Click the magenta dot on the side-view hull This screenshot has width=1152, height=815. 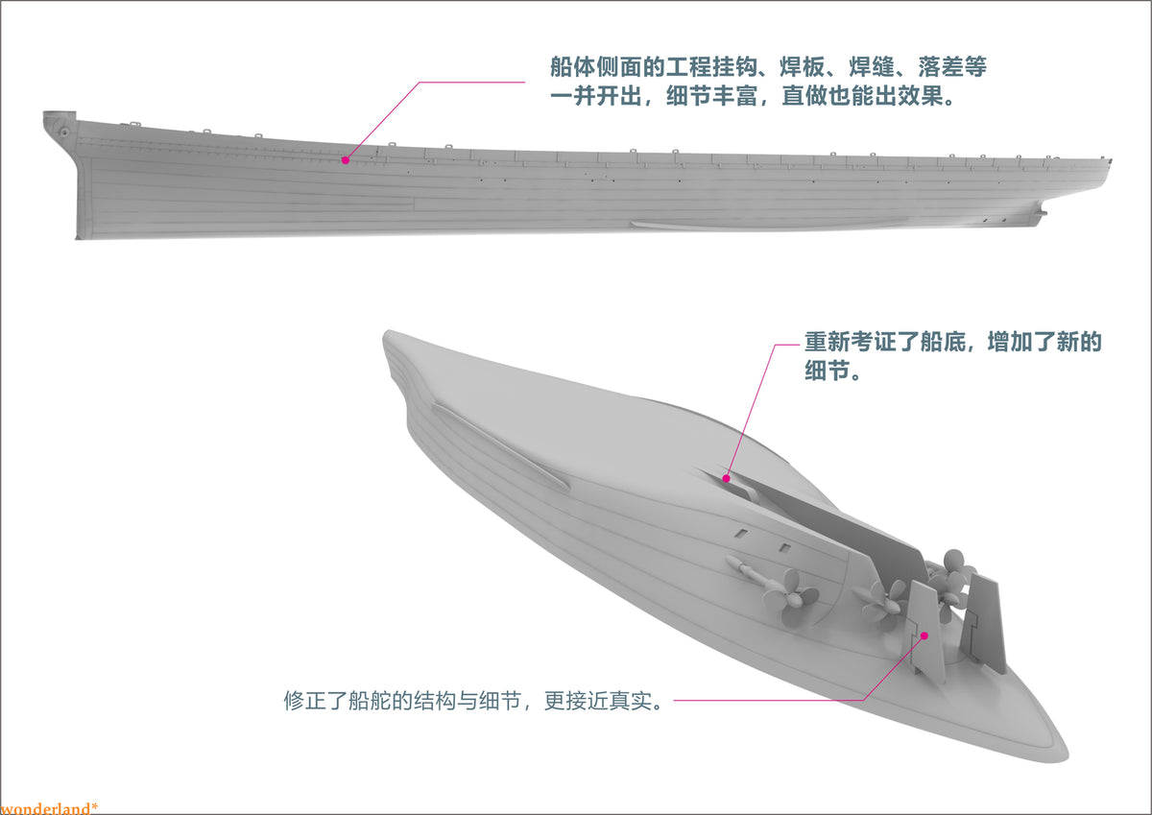coord(346,160)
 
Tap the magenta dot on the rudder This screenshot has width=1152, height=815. coord(924,636)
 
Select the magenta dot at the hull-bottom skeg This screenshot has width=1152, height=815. coord(726,479)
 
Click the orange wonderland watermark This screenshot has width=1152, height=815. coord(49,808)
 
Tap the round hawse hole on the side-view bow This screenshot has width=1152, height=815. coord(64,132)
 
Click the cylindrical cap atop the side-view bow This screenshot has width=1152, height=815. coord(59,114)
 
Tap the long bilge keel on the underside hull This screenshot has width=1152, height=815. coord(499,446)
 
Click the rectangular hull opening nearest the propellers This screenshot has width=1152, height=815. coord(785,547)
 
